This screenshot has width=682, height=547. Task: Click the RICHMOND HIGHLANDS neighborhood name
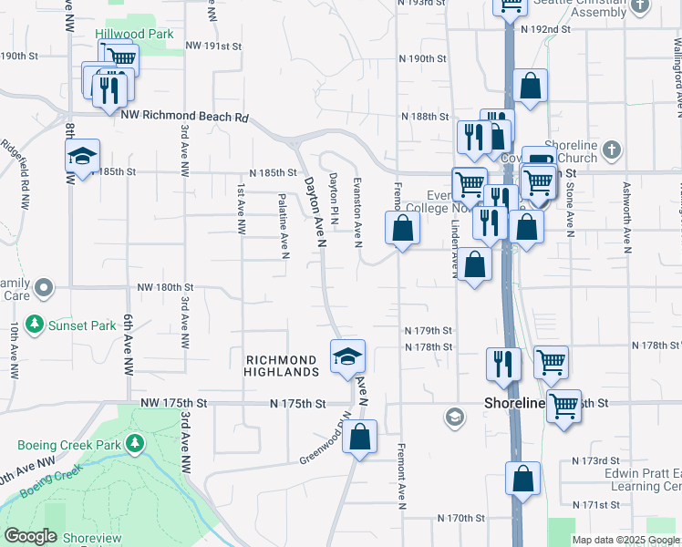(x=282, y=366)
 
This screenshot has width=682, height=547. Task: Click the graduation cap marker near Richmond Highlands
(x=347, y=356)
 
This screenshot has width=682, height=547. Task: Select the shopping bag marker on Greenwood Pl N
(x=361, y=436)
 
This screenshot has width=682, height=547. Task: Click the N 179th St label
(x=429, y=330)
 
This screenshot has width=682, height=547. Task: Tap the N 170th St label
(x=460, y=518)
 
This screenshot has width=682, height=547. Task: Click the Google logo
(x=30, y=536)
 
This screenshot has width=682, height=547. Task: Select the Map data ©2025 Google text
(x=625, y=540)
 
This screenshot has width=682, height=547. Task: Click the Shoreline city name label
(x=513, y=403)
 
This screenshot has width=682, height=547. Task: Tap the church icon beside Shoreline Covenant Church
(x=612, y=148)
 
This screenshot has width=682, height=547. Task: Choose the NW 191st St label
(x=213, y=45)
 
